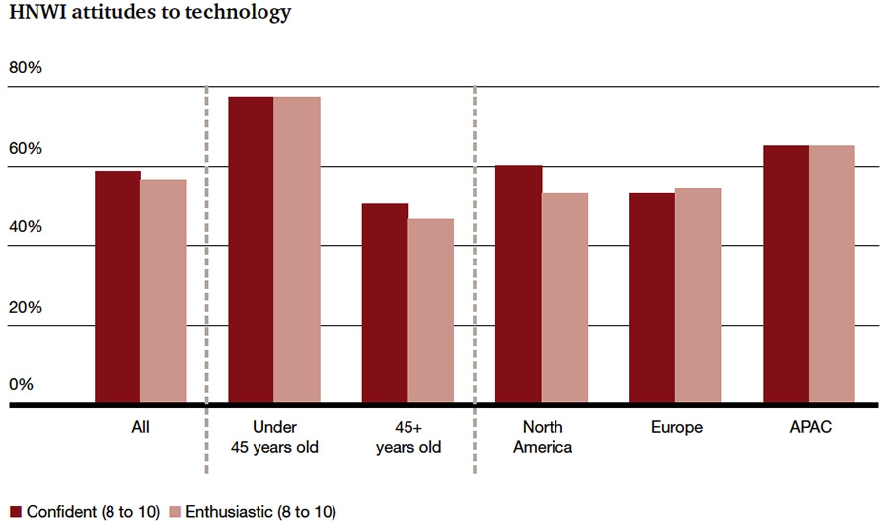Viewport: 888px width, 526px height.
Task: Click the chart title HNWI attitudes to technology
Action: tap(150, 13)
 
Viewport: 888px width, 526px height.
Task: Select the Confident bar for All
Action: tap(117, 287)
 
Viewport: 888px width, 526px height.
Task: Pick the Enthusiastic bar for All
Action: tap(163, 291)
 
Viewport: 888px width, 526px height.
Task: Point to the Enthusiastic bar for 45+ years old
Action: tap(431, 311)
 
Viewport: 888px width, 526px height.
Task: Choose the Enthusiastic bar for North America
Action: tap(564, 298)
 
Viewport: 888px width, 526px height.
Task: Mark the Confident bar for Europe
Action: tap(652, 298)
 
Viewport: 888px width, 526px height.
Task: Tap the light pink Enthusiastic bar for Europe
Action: tap(698, 295)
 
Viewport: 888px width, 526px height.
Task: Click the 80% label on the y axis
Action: tap(26, 68)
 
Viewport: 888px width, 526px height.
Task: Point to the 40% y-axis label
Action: tap(26, 227)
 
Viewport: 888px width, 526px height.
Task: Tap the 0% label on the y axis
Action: tap(22, 384)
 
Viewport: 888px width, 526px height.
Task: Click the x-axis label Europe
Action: tap(677, 428)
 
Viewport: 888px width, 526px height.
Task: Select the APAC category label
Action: tap(810, 428)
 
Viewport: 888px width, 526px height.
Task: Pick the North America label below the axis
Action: tap(543, 437)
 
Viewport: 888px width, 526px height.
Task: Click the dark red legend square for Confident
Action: tap(16, 512)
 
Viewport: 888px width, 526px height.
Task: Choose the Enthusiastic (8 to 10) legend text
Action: tap(259, 512)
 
